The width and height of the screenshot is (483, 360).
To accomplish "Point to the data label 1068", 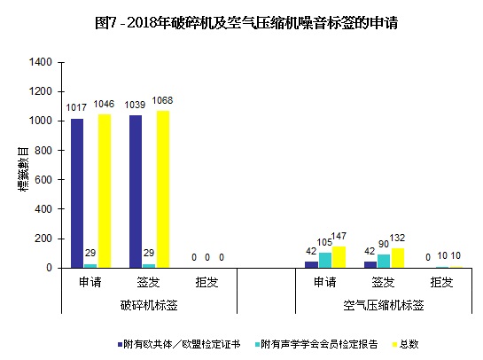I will click(163, 101).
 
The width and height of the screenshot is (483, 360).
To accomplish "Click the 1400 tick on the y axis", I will click(42, 62).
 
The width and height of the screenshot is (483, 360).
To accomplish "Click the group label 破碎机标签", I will click(149, 304).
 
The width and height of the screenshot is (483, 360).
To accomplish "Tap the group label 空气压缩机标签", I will click(383, 304).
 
